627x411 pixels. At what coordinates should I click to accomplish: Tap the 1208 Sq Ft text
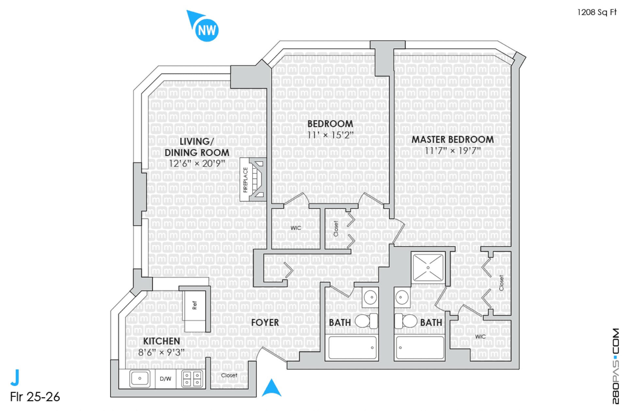(x=597, y=12)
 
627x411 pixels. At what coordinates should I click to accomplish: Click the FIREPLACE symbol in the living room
(x=253, y=179)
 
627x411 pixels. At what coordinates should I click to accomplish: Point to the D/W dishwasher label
(x=166, y=379)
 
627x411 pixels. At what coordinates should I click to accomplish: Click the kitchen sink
(x=140, y=378)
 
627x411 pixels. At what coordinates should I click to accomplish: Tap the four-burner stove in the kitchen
(x=192, y=379)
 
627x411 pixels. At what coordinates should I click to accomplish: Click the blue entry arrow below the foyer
(x=271, y=388)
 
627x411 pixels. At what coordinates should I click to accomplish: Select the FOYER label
(x=265, y=323)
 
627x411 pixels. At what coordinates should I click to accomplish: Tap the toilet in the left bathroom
(x=366, y=321)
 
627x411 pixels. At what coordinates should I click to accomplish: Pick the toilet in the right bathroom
(x=406, y=321)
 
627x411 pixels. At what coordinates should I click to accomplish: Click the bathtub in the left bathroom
(x=352, y=348)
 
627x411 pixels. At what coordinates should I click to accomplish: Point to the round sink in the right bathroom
(x=402, y=297)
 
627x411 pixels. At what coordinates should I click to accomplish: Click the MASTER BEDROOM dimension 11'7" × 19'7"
(x=453, y=151)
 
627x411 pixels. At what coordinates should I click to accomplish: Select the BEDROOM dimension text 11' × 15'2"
(x=330, y=135)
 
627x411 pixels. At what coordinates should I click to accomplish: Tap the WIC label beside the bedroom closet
(x=296, y=228)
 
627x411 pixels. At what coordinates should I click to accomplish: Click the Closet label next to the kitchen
(x=229, y=375)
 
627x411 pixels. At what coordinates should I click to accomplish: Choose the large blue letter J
(x=15, y=377)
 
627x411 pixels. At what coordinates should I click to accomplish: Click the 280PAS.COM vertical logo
(x=616, y=366)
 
